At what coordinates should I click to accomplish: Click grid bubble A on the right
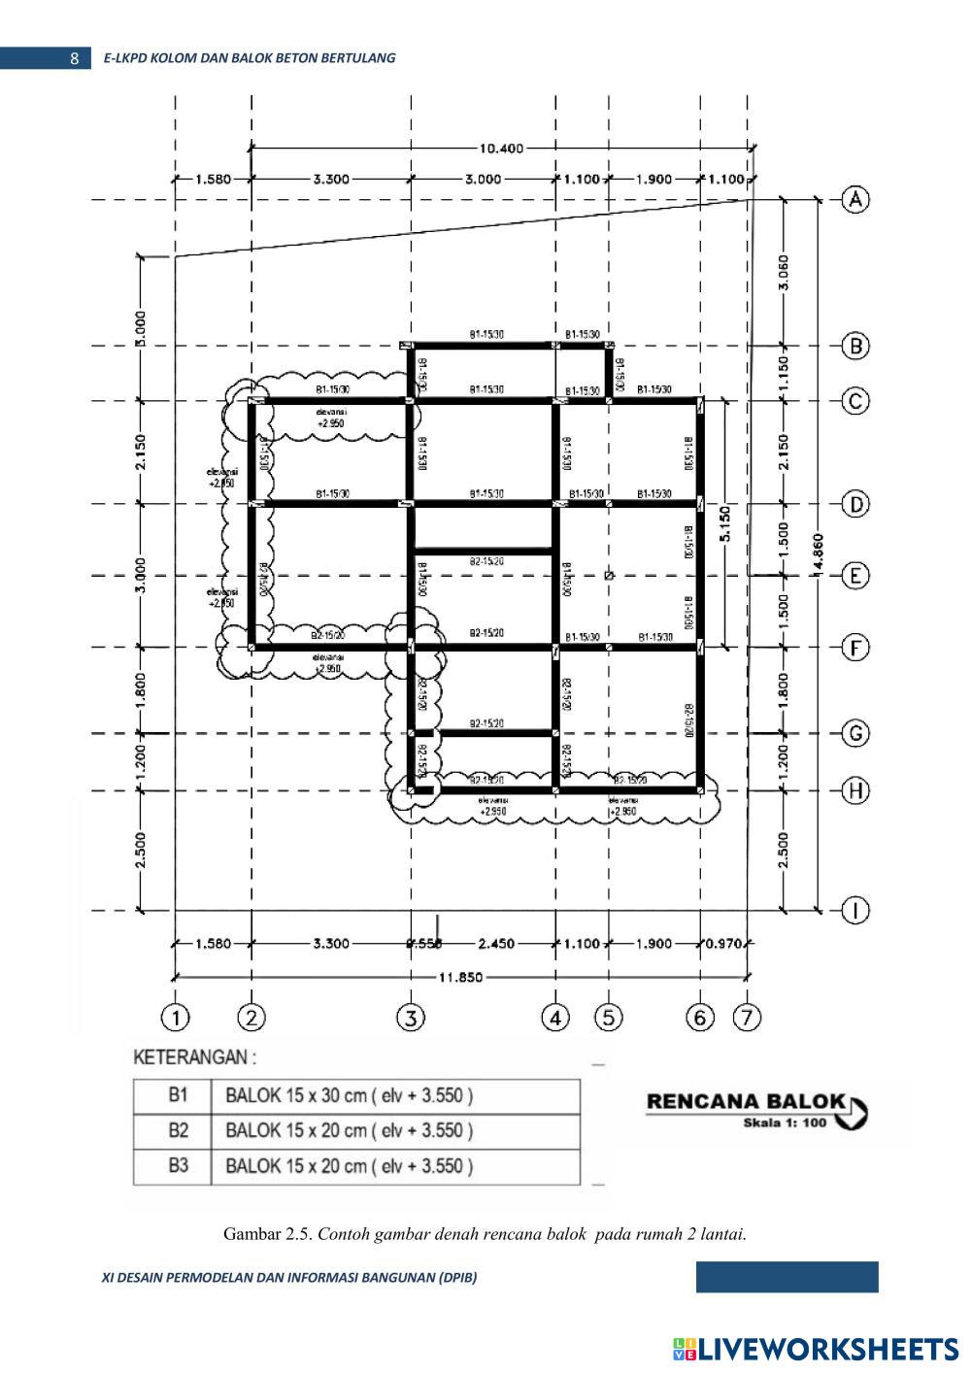click(x=854, y=199)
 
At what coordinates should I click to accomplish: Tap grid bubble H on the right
click(x=854, y=790)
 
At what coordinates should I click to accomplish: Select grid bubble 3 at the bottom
click(x=411, y=1018)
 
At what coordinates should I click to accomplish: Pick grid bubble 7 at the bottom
click(x=748, y=1018)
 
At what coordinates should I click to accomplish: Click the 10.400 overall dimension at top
click(x=501, y=149)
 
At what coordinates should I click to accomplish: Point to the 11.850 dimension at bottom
click(x=460, y=978)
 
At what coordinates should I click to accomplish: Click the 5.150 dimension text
click(x=724, y=523)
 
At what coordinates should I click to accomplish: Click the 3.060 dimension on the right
click(x=784, y=272)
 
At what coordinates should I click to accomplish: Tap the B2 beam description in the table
click(x=350, y=1130)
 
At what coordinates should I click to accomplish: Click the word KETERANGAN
click(x=194, y=1056)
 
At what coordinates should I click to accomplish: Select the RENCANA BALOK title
click(x=746, y=1101)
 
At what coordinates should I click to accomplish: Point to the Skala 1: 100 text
click(x=784, y=1122)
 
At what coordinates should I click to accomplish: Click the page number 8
click(x=75, y=58)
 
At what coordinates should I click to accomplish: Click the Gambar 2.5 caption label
click(x=268, y=1234)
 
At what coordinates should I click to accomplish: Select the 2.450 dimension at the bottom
click(x=496, y=943)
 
